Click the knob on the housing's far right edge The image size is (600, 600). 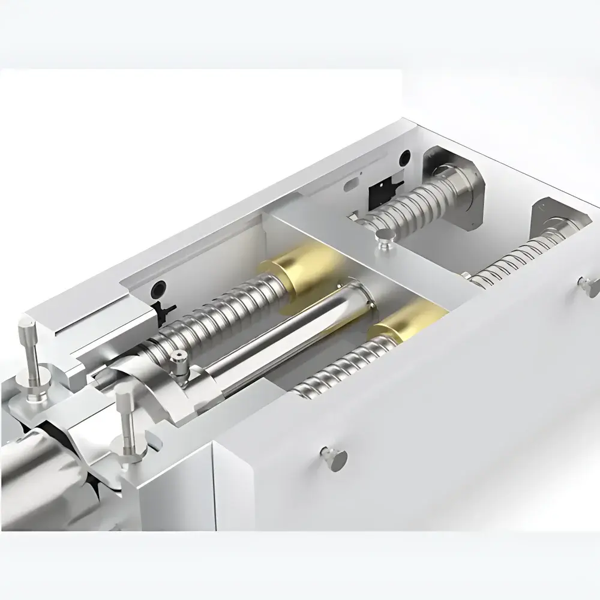click(587, 283)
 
